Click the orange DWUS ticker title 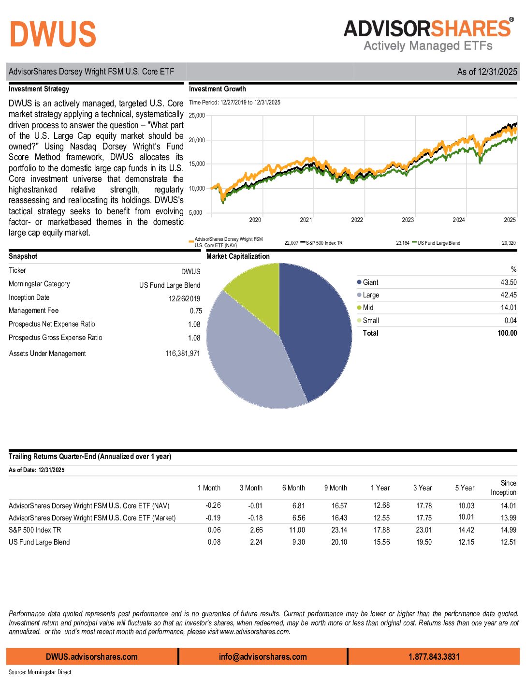(x=53, y=34)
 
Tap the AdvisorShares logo (x=428, y=35)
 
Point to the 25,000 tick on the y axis (x=197, y=116)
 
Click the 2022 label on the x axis (x=357, y=220)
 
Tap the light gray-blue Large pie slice (x=247, y=363)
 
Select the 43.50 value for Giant (x=508, y=282)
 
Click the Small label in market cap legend (x=371, y=321)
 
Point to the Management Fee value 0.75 (x=196, y=311)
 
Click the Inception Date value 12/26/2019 (x=184, y=298)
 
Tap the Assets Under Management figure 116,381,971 (x=182, y=354)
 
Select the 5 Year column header (x=465, y=488)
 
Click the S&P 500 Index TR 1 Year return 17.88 (x=381, y=530)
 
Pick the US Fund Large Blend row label (x=39, y=542)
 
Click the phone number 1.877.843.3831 (x=434, y=657)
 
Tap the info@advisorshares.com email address (x=263, y=657)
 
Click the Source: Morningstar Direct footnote (x=40, y=672)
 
